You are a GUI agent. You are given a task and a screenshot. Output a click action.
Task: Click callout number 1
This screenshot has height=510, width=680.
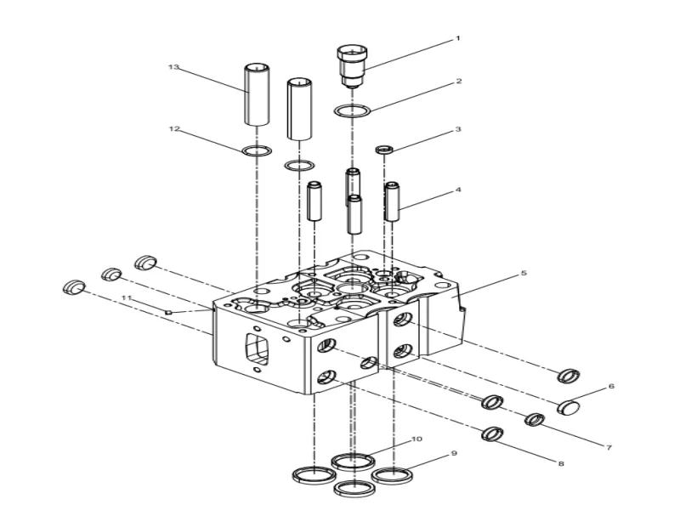click(x=457, y=38)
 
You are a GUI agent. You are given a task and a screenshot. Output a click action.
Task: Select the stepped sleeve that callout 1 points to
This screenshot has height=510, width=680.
click(x=350, y=65)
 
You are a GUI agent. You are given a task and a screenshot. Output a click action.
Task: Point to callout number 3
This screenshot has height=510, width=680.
click(x=457, y=130)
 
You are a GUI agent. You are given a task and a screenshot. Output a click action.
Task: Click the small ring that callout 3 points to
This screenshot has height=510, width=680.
click(x=385, y=150)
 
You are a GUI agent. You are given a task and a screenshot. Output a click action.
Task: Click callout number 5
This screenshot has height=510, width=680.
click(x=524, y=274)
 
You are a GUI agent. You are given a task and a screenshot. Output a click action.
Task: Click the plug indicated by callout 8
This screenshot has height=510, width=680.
click(x=492, y=434)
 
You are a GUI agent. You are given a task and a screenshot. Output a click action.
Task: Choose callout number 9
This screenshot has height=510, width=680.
click(x=455, y=454)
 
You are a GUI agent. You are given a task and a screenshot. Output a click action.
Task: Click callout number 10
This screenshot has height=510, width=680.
click(x=416, y=439)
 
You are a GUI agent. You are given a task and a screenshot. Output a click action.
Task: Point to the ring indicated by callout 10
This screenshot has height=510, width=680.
click(x=353, y=462)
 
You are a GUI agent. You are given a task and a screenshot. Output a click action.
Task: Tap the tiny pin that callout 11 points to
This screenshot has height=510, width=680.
click(x=169, y=313)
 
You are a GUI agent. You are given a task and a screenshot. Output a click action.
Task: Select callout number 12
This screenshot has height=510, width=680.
click(x=174, y=129)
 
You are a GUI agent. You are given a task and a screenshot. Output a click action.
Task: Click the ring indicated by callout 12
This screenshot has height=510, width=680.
click(x=257, y=151)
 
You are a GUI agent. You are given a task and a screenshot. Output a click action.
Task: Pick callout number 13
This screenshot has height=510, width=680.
click(x=174, y=66)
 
